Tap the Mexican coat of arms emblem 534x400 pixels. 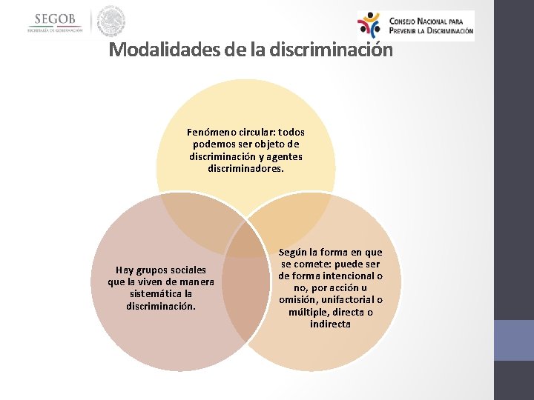click(x=111, y=21)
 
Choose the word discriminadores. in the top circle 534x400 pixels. click(x=245, y=168)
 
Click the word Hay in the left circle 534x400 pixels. click(x=125, y=270)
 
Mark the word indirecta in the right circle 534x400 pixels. click(x=330, y=324)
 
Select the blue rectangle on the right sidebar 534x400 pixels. click(x=513, y=340)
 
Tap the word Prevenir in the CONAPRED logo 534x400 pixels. click(x=409, y=30)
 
